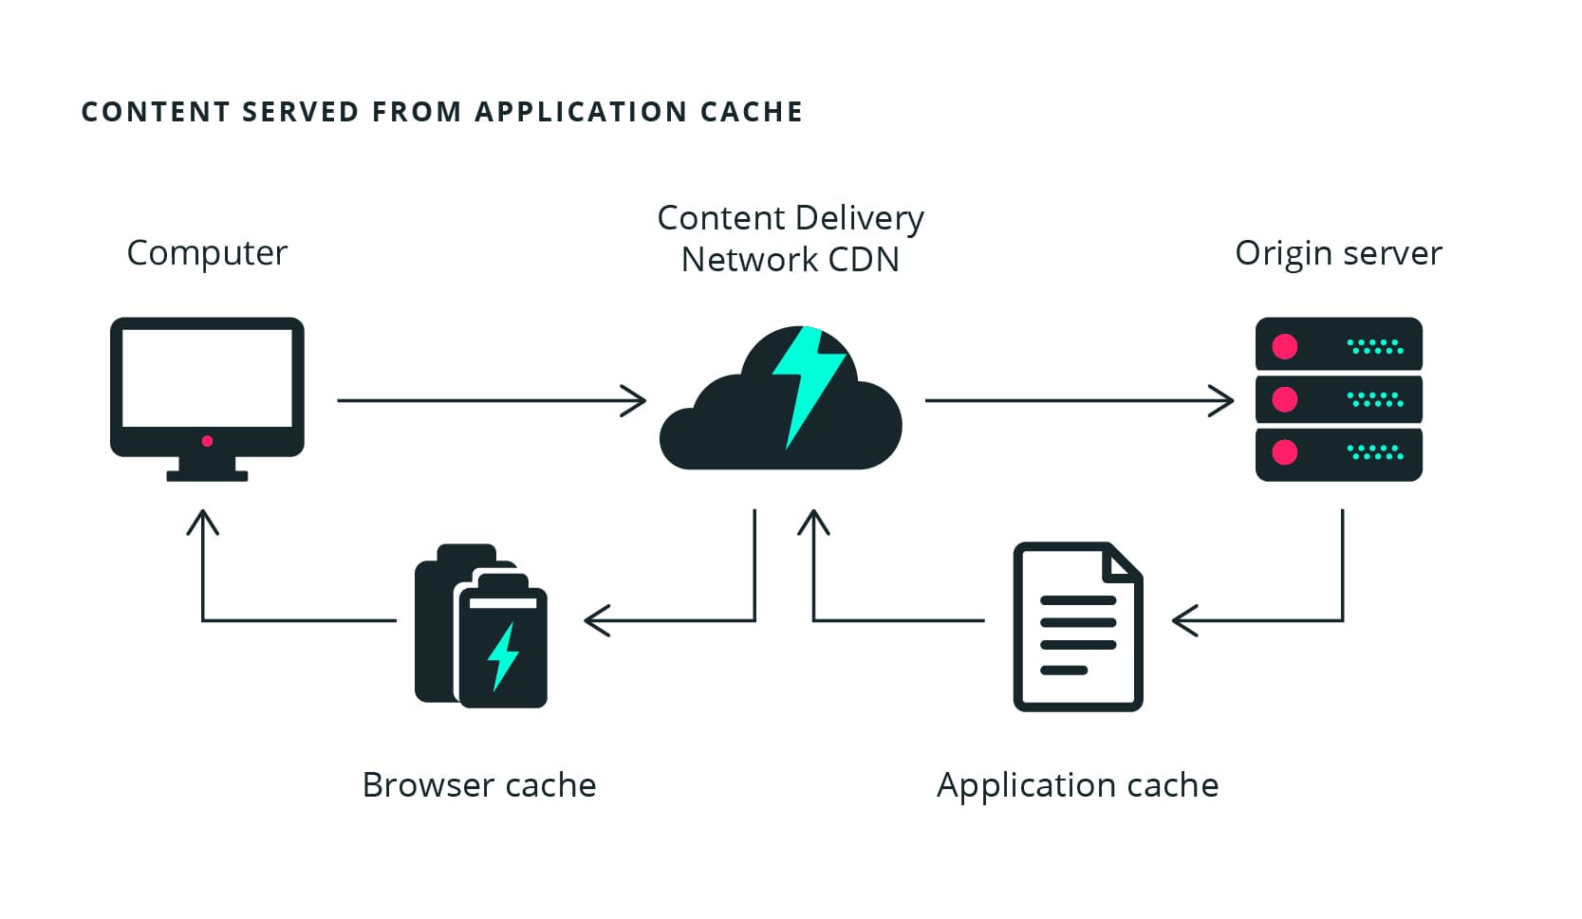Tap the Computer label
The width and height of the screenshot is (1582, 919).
tap(207, 253)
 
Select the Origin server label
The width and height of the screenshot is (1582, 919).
tap(1338, 253)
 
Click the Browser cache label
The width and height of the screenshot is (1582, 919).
tap(479, 785)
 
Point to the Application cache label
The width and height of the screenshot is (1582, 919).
tap(1077, 785)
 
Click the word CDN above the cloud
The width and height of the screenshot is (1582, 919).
tap(863, 260)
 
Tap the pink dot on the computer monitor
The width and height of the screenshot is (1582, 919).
tap(207, 441)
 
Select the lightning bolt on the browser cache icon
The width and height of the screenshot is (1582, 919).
tap(504, 655)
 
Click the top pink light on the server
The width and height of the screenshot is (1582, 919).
tap(1285, 346)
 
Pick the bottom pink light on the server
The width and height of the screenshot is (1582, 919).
tap(1285, 451)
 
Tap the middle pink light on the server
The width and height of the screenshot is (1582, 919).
tap(1285, 399)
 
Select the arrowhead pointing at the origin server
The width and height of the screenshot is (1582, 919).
tap(1225, 400)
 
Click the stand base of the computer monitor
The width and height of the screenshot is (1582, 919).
tap(207, 475)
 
